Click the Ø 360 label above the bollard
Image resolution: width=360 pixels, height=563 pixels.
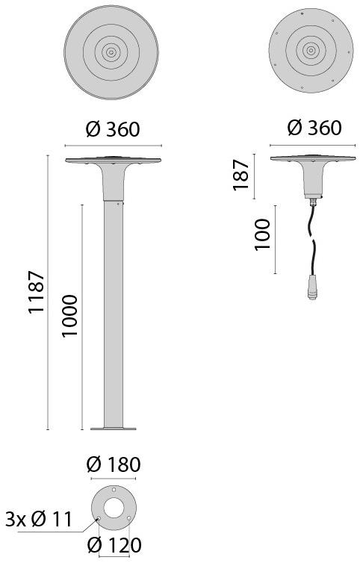113,129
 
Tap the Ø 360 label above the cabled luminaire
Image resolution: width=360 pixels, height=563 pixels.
314,128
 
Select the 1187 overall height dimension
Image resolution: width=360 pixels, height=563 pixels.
37,293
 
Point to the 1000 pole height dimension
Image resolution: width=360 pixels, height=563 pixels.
69,317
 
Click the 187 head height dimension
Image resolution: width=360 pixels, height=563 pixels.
240,175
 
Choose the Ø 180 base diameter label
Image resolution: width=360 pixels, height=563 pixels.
114,464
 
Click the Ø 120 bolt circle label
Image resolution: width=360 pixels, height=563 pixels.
114,547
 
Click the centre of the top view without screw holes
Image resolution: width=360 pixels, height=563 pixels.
111,52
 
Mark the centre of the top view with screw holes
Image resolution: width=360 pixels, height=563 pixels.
311,52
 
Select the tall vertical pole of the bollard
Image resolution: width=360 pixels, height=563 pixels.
112,314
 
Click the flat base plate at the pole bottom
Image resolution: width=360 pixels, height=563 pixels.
113,428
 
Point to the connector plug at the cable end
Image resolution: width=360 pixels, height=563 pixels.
308,284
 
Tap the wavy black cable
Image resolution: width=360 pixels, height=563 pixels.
311,243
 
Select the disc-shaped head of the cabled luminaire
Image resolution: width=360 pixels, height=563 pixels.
311,159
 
